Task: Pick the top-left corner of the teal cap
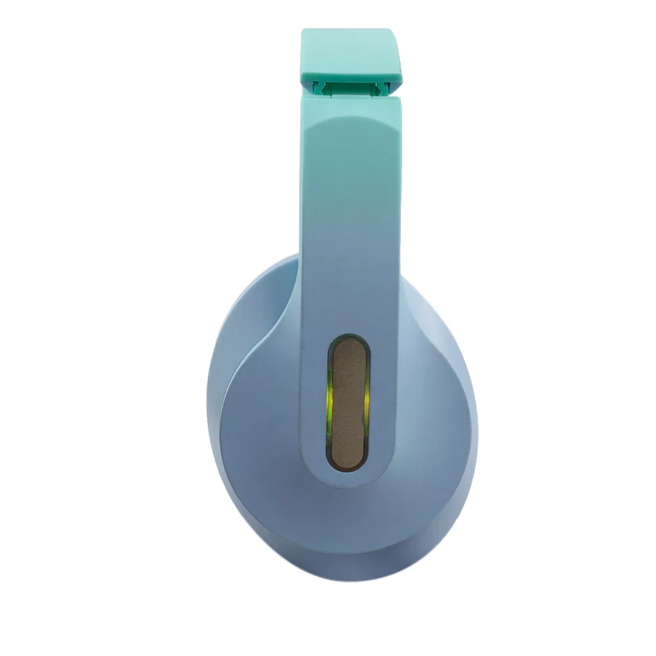(304, 31)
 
